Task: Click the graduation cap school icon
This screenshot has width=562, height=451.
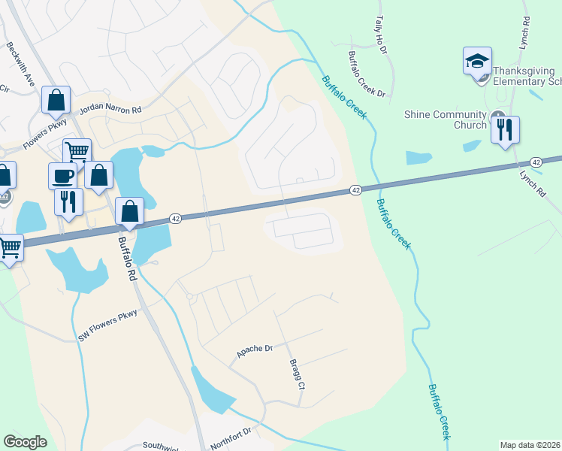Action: pyautogui.click(x=477, y=62)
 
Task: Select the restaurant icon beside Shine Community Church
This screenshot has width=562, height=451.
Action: pyautogui.click(x=505, y=129)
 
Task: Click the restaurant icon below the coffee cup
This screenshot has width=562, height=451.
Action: pyautogui.click(x=68, y=201)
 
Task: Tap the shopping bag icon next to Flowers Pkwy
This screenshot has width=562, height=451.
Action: pyautogui.click(x=56, y=100)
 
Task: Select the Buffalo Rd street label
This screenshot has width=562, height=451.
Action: pyautogui.click(x=127, y=259)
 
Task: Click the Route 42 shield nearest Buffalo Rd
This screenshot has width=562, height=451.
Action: pyautogui.click(x=174, y=218)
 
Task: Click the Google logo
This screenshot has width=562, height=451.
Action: pyautogui.click(x=25, y=442)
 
